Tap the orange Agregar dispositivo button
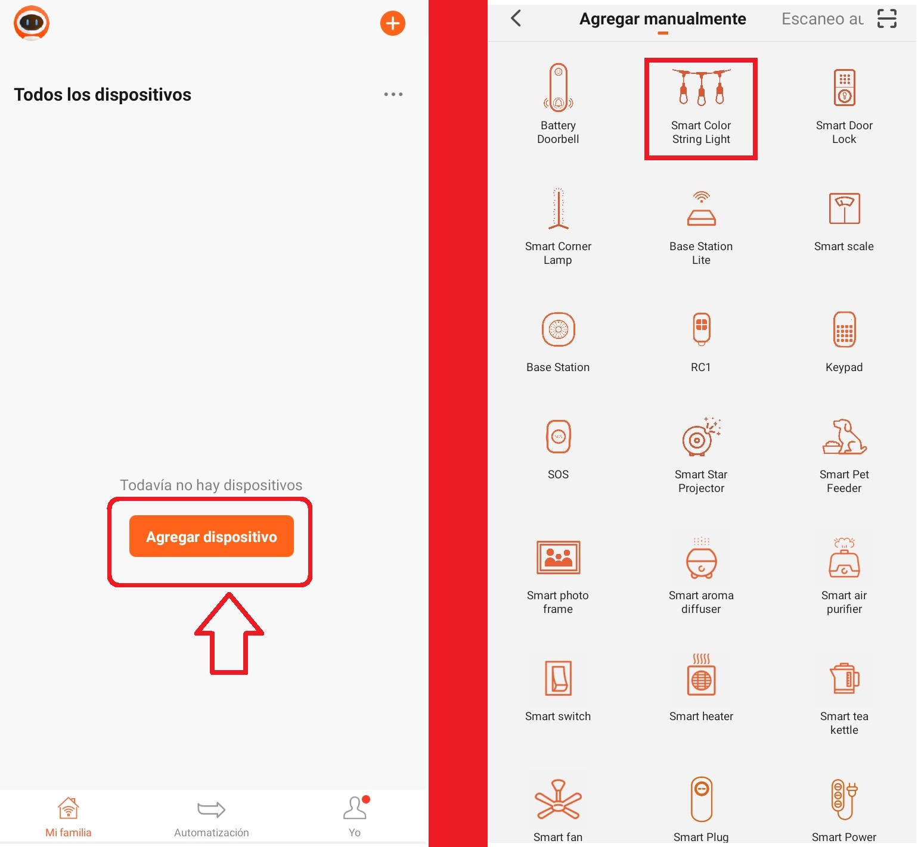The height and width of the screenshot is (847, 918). [x=212, y=536]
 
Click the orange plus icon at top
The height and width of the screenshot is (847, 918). [x=393, y=23]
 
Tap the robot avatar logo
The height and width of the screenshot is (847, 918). [x=32, y=23]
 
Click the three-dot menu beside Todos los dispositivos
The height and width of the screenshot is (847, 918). [x=393, y=94]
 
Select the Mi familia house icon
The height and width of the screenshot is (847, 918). [x=69, y=808]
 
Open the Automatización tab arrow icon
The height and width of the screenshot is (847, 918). [x=212, y=809]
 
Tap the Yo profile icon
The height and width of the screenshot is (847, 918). [x=355, y=808]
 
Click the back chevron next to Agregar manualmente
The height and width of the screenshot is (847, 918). [x=516, y=18]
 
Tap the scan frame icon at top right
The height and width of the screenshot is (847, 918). [x=887, y=18]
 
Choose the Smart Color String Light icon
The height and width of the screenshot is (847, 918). [x=702, y=87]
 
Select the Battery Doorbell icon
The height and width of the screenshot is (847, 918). [x=559, y=88]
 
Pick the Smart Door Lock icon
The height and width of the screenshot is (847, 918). [x=845, y=87]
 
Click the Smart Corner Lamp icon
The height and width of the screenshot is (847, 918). [x=559, y=208]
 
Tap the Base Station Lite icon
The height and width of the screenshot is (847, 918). [x=702, y=208]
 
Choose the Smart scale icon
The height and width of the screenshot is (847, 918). [x=845, y=208]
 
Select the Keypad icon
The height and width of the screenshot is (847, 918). [x=845, y=329]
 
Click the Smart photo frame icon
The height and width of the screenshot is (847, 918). [x=559, y=558]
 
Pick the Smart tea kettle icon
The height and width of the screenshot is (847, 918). [x=845, y=678]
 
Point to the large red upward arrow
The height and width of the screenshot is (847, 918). [x=229, y=634]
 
